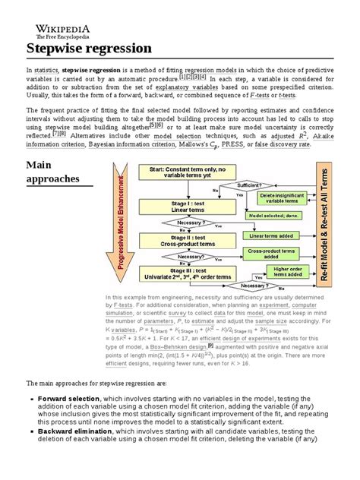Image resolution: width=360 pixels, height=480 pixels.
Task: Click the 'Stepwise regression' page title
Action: click(x=90, y=49)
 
